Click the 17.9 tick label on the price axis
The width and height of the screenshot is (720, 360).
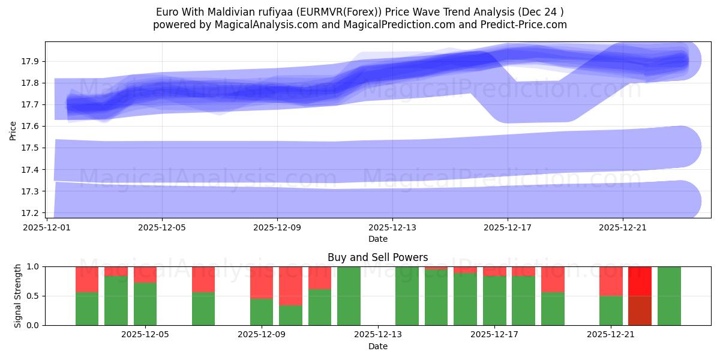[31, 61]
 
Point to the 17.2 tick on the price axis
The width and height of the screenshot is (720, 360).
[31, 213]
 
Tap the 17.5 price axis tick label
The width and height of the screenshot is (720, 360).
[31, 148]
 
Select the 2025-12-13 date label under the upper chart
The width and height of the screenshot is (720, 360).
[392, 227]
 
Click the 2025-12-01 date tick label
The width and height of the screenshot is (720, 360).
[47, 227]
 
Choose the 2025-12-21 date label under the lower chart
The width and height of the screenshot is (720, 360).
[610, 335]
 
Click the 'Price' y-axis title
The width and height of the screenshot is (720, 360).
[13, 130]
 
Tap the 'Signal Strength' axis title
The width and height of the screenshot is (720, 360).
[18, 296]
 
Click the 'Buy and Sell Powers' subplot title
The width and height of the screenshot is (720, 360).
[377, 257]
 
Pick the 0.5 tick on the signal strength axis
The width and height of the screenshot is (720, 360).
[34, 296]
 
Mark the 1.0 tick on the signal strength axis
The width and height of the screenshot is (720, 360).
[34, 266]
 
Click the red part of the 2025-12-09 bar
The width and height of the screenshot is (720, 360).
[262, 282]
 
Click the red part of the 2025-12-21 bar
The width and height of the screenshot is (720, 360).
[610, 281]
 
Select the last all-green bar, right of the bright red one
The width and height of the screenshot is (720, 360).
[669, 296]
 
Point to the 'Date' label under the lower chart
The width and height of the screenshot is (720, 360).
[377, 346]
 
